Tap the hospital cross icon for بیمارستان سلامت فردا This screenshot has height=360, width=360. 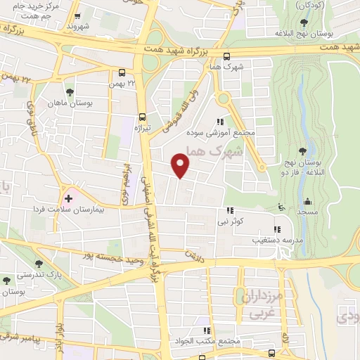tap(67, 199)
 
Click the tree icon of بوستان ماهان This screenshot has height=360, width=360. tap(69, 92)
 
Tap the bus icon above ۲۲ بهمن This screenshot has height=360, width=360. tap(122, 72)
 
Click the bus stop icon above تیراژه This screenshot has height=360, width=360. tap(143, 117)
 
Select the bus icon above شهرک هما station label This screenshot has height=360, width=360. tap(226, 57)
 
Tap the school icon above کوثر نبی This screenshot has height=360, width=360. tap(229, 210)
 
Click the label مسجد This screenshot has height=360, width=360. tap(307, 211)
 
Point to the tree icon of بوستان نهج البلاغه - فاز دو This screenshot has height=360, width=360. tap(302, 150)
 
